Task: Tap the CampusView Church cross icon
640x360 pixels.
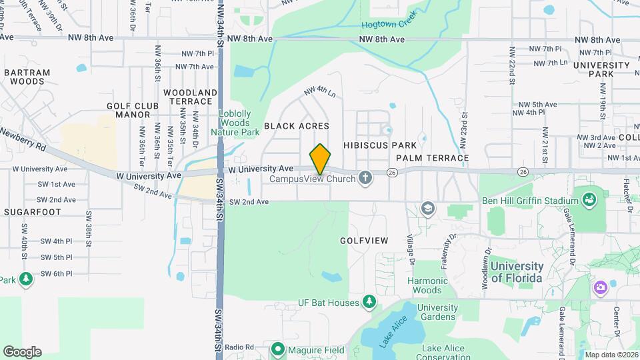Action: point(365,178)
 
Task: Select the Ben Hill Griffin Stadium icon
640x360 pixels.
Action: point(589,199)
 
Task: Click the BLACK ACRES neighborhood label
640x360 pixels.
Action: point(297,125)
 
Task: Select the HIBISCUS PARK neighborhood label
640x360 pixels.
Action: point(380,145)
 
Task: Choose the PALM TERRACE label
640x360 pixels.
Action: point(432,158)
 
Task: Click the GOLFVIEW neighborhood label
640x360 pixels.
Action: point(363,240)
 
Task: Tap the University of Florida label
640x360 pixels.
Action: point(517,271)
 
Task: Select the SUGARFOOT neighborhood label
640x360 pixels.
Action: point(32,212)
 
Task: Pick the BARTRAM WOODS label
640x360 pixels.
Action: point(27,77)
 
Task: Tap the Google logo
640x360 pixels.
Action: point(22,352)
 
